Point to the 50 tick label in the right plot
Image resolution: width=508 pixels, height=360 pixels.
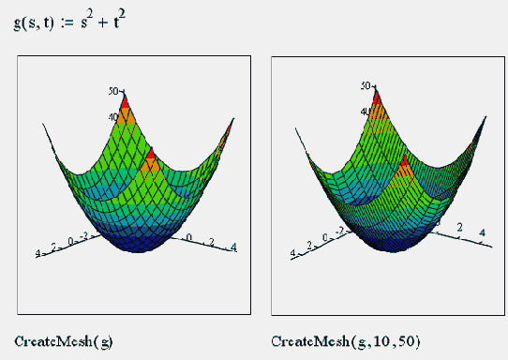[366, 85]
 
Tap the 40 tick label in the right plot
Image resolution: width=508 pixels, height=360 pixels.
[368, 112]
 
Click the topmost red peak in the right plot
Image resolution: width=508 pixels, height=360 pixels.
[378, 97]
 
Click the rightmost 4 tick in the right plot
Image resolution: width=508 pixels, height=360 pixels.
[482, 232]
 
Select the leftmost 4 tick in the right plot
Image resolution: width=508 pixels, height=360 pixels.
[294, 253]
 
